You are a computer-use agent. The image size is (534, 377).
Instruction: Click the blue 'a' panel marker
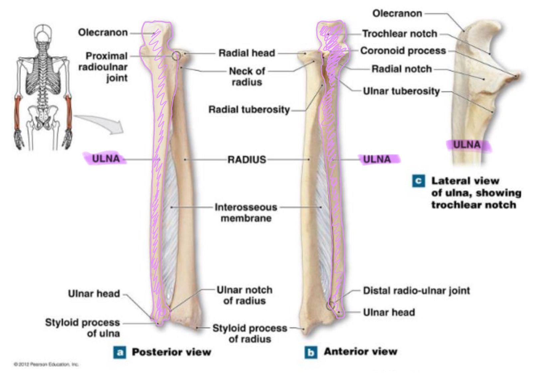(x=119, y=352)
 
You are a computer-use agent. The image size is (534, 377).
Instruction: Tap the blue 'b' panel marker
(x=311, y=352)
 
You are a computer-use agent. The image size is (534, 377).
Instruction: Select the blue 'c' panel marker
(x=419, y=181)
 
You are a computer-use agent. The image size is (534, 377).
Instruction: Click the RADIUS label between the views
(x=247, y=160)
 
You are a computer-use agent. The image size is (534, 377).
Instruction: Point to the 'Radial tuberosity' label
(x=249, y=109)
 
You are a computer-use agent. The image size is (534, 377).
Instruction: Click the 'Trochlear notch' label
(x=399, y=34)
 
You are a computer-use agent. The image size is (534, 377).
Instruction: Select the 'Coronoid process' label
(x=403, y=51)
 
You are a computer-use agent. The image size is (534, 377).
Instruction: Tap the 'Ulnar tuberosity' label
(x=401, y=91)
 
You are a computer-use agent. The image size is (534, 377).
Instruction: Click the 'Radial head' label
(x=247, y=53)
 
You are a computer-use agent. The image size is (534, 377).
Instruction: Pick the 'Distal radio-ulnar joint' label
(x=416, y=290)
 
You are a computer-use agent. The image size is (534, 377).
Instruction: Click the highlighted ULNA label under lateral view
(x=467, y=145)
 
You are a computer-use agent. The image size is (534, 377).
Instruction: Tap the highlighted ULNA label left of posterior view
(x=105, y=159)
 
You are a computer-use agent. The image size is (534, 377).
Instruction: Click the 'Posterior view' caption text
(x=171, y=352)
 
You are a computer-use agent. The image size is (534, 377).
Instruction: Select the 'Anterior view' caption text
(x=360, y=351)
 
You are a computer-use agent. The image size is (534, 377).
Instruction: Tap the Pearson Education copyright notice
(x=46, y=364)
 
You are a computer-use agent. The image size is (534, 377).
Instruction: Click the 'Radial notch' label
(x=401, y=69)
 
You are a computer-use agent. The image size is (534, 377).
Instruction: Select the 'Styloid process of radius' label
(x=250, y=333)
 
